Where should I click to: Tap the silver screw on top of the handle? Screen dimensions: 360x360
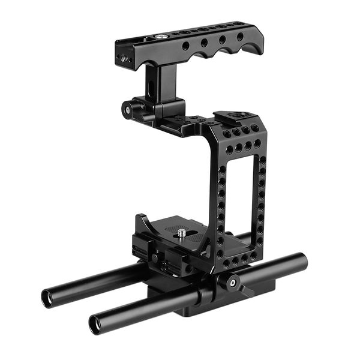(x=160, y=36)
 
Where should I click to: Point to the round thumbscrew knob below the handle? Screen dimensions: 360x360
(x=128, y=109)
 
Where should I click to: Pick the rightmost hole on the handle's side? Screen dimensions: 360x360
(x=239, y=37)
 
